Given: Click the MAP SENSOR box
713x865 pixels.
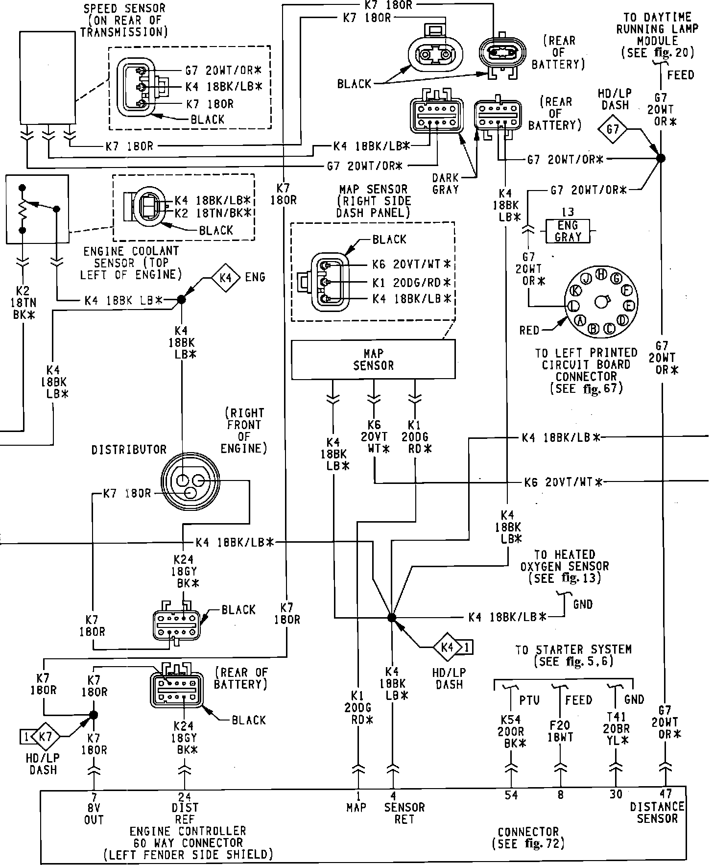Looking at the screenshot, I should (373, 360).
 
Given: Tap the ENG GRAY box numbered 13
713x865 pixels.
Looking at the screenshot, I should (568, 231).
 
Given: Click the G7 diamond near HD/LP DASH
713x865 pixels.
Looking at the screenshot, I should (613, 129).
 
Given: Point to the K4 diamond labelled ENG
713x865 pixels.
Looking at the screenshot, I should (225, 278).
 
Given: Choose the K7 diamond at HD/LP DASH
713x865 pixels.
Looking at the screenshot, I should (45, 736).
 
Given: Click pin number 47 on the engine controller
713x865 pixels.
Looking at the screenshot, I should (665, 794).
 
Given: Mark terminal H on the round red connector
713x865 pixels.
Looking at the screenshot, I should (602, 273).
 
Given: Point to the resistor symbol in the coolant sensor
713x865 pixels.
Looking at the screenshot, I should (22, 209).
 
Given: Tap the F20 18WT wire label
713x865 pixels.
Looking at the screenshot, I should (560, 731).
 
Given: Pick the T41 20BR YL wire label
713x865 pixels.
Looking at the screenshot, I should (617, 735).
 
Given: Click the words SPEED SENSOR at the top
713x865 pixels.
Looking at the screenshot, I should (124, 8).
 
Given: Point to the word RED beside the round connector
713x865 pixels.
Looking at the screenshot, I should (529, 331).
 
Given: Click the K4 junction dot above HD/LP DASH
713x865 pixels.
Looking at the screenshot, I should (391, 618).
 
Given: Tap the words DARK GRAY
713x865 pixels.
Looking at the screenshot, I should (445, 184).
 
